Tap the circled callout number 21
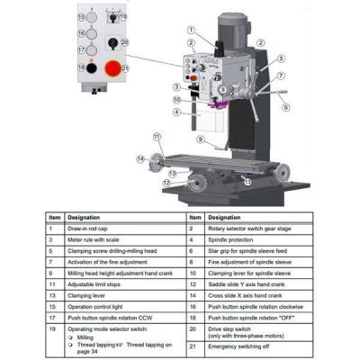(125, 68)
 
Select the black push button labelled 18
(82, 67)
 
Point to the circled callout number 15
(82, 17)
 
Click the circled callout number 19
(123, 17)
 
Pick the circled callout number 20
(124, 42)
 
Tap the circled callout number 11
(157, 137)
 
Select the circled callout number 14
(141, 159)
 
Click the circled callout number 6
(285, 107)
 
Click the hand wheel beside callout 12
(198, 183)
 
